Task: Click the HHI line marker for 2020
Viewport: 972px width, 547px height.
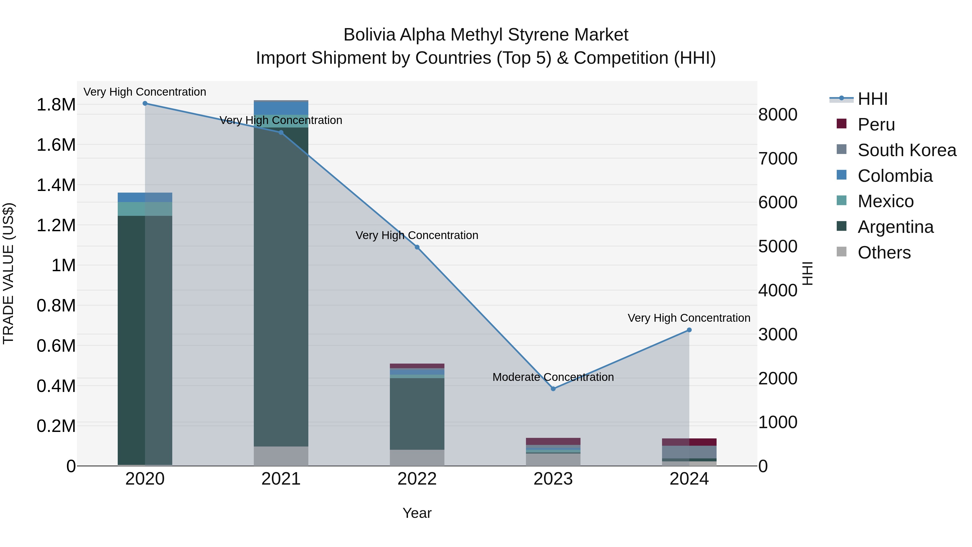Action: (x=145, y=103)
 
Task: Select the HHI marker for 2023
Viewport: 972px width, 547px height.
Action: (x=553, y=389)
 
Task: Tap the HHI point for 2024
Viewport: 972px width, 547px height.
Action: (x=689, y=330)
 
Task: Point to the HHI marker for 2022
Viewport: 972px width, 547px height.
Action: (x=417, y=247)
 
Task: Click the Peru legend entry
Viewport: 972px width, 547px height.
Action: (x=876, y=125)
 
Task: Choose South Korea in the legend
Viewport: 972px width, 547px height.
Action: (x=907, y=150)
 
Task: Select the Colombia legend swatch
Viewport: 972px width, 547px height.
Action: (x=841, y=175)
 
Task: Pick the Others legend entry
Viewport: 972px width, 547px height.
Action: (x=884, y=253)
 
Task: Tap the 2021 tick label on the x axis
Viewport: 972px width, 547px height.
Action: (x=281, y=479)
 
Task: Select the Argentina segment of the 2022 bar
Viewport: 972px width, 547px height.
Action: (x=417, y=413)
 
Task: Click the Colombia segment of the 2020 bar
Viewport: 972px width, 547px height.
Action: (x=145, y=197)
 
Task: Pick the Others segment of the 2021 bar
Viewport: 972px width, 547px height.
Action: (x=281, y=456)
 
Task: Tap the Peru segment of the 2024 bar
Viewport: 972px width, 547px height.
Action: (x=689, y=442)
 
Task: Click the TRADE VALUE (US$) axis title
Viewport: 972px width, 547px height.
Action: (x=9, y=273)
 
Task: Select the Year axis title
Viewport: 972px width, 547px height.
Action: (x=417, y=513)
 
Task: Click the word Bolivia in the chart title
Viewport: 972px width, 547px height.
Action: (x=369, y=35)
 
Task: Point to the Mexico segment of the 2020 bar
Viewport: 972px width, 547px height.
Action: (x=145, y=209)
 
